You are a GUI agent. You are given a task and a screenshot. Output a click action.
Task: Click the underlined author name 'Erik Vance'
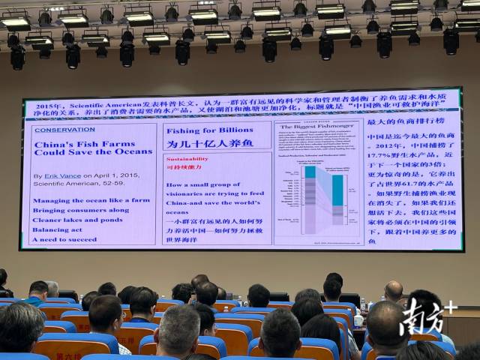(x=61, y=175)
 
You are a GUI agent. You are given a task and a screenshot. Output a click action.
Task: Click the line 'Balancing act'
(x=57, y=229)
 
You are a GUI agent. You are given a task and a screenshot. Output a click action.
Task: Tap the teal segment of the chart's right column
(x=338, y=190)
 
